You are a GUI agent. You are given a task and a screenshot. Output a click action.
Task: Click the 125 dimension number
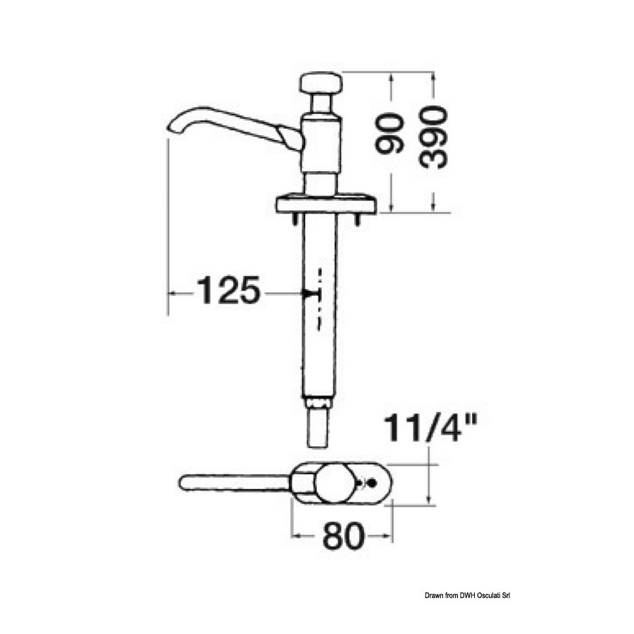pyautogui.click(x=228, y=290)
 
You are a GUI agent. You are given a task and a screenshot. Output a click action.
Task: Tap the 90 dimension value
pyautogui.click(x=389, y=134)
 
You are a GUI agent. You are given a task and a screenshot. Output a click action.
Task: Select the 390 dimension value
pyautogui.click(x=433, y=137)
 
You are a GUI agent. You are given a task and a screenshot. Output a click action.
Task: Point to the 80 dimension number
pyautogui.click(x=343, y=536)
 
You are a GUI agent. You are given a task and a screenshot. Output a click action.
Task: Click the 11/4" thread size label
pyautogui.click(x=430, y=428)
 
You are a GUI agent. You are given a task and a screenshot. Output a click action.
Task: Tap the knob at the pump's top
pyautogui.click(x=321, y=83)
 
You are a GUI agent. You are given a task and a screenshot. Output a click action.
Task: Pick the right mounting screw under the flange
pyautogui.click(x=357, y=219)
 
